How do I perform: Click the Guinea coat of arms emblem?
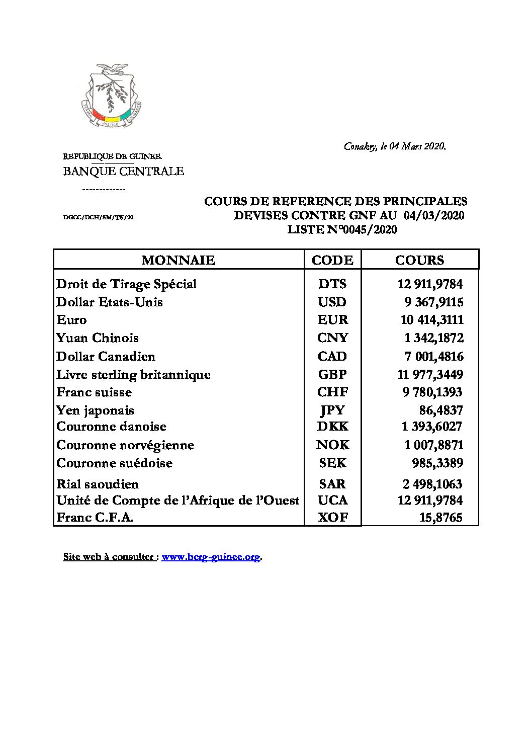(111, 96)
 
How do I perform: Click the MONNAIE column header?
(178, 260)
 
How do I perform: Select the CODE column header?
(332, 260)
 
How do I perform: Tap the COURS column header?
(419, 260)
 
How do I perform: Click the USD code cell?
(332, 302)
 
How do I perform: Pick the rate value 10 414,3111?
(432, 320)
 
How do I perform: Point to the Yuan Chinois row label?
(98, 338)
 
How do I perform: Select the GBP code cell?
(332, 375)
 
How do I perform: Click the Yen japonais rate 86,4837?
(441, 410)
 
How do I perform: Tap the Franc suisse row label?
(94, 392)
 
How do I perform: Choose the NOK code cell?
(332, 445)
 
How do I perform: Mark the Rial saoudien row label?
(98, 484)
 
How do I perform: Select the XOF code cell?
(332, 517)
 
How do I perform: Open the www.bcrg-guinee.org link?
(211, 557)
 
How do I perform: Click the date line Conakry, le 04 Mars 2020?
(395, 146)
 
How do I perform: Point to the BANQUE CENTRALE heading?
(123, 171)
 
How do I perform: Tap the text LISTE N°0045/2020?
(342, 230)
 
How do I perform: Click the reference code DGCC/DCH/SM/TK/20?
(98, 217)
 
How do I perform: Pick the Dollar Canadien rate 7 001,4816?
(433, 357)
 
